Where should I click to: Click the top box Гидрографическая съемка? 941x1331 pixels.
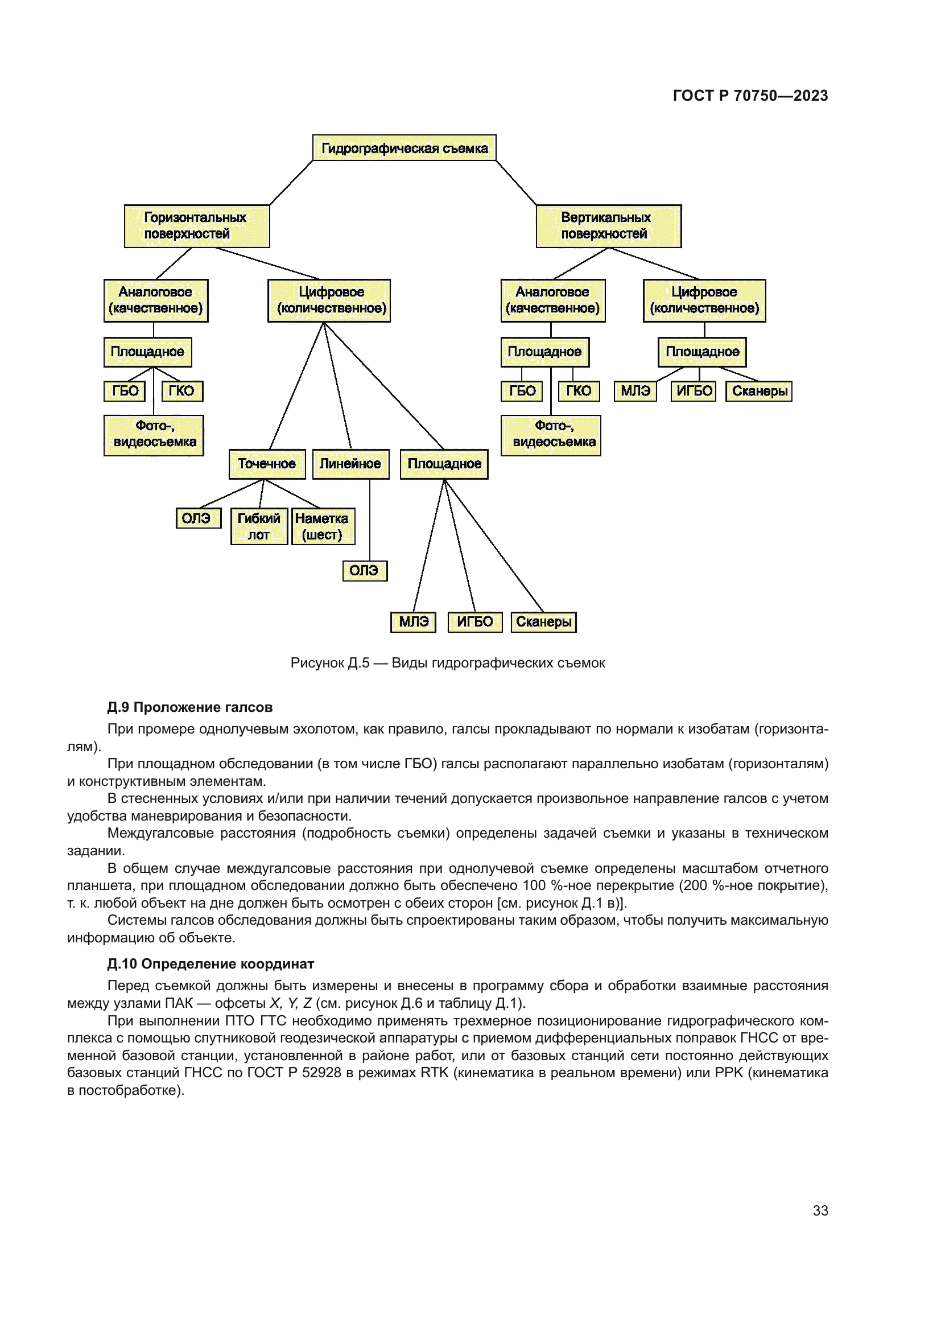point(404,149)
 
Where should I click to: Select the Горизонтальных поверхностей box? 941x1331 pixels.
point(196,226)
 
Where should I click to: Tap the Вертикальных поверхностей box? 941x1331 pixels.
point(608,226)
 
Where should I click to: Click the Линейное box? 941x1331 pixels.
point(350,464)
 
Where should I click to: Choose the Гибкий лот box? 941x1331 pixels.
point(259,526)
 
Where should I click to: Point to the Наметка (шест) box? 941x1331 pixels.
point(323,526)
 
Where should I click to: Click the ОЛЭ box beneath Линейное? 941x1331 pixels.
point(365,570)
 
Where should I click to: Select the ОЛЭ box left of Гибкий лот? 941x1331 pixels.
point(197,518)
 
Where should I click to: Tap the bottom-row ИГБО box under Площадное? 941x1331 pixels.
point(474,621)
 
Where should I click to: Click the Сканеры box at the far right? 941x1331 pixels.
point(758,392)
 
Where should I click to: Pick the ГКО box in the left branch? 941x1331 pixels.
point(182,392)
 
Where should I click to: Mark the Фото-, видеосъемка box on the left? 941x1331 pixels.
point(154,435)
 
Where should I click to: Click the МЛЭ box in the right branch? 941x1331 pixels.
point(635,392)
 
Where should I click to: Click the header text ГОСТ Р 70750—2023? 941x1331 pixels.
point(750,96)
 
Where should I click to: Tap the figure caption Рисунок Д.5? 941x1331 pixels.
point(447,662)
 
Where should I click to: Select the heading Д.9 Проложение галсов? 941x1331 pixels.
point(189,707)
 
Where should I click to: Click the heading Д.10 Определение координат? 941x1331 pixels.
point(211,964)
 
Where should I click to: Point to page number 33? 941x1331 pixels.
point(820,1210)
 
